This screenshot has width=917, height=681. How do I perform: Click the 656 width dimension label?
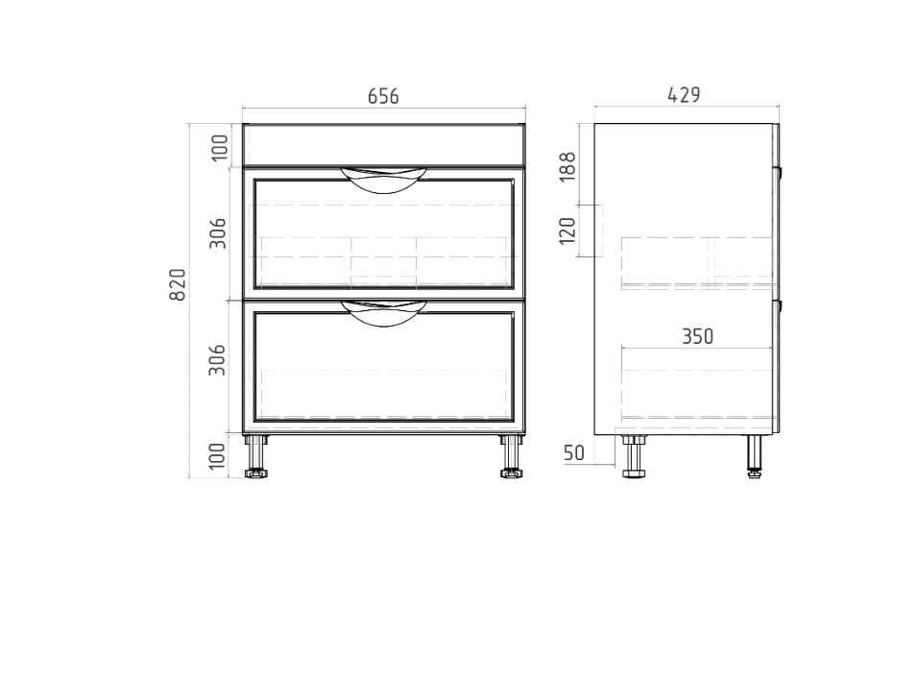pyautogui.click(x=383, y=96)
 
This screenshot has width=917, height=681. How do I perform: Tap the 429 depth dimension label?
pyautogui.click(x=684, y=95)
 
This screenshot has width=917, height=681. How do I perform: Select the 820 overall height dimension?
pyautogui.click(x=178, y=284)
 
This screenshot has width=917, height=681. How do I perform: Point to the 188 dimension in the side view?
pyautogui.click(x=567, y=167)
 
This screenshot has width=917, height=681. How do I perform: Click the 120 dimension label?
pyautogui.click(x=567, y=231)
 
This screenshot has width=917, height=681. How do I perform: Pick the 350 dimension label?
pyautogui.click(x=698, y=336)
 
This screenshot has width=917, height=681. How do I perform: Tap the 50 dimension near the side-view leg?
pyautogui.click(x=573, y=452)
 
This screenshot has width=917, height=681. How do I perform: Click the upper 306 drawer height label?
pyautogui.click(x=218, y=232)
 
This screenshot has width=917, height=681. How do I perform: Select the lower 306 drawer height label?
pyautogui.click(x=218, y=360)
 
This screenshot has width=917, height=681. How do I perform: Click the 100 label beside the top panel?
pyautogui.click(x=219, y=148)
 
